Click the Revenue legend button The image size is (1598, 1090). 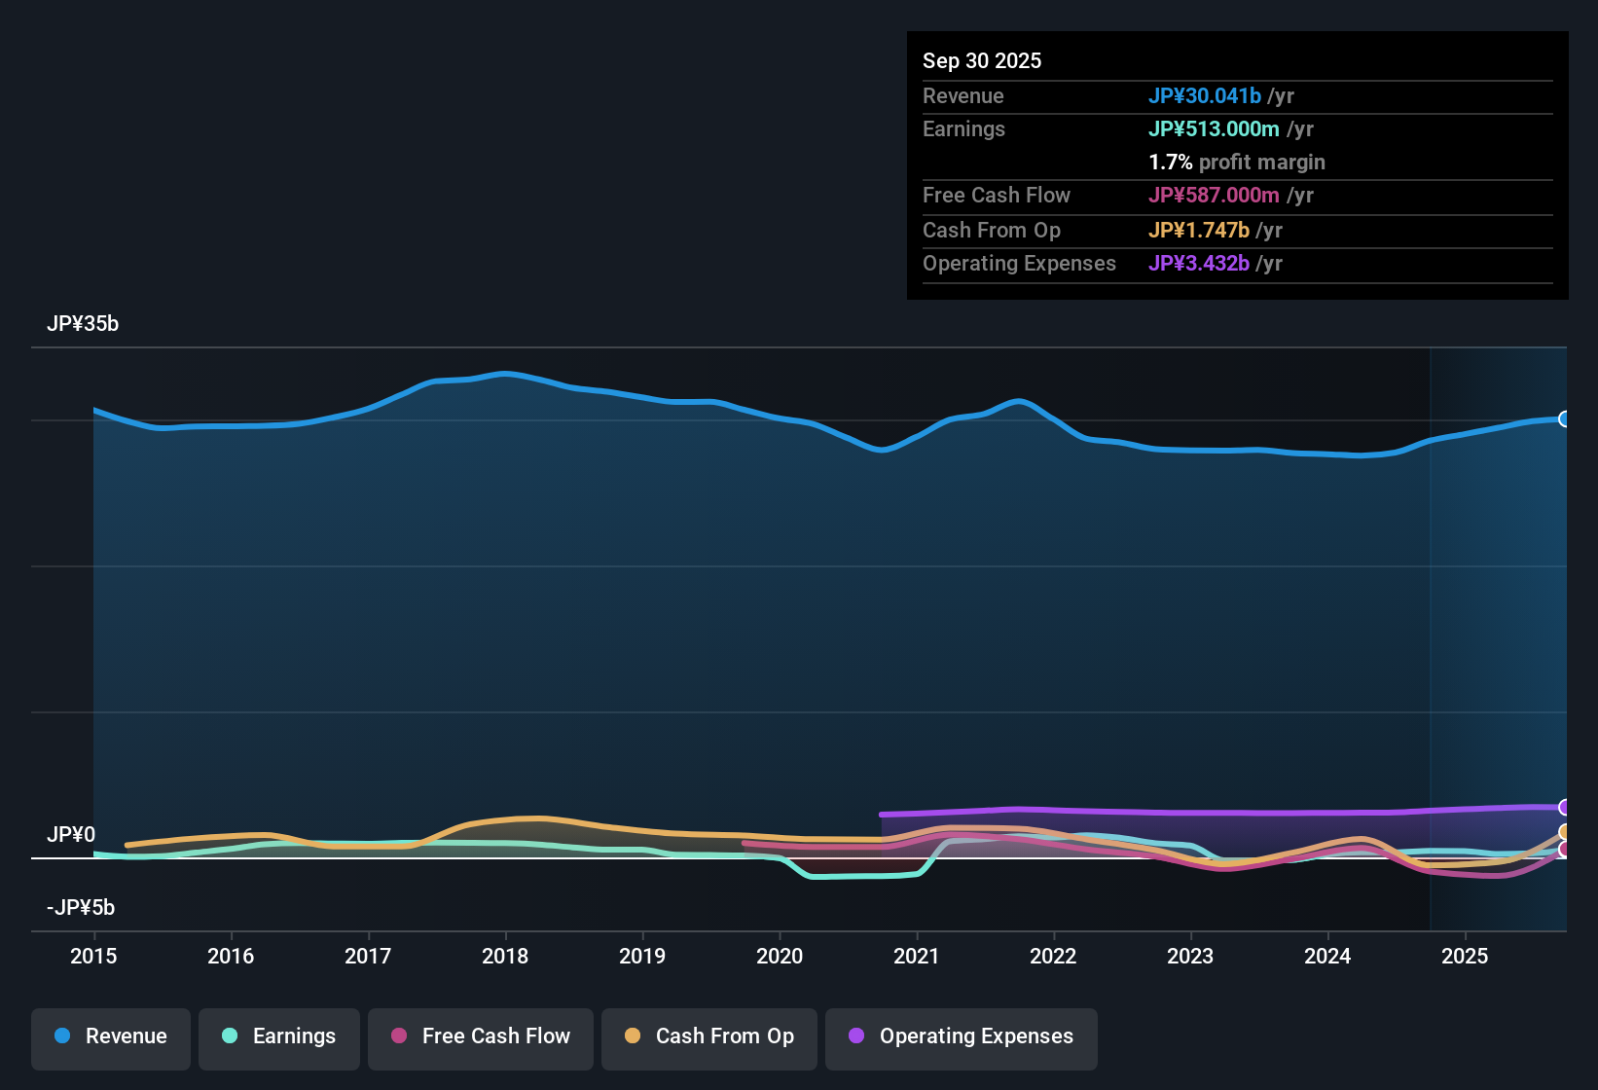pyautogui.click(x=111, y=1036)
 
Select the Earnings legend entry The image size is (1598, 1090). pyautogui.click(x=279, y=1036)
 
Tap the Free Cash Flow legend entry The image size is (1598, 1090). pyautogui.click(x=481, y=1036)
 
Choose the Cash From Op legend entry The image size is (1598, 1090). pyautogui.click(x=709, y=1036)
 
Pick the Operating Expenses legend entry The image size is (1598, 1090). pyautogui.click(x=962, y=1036)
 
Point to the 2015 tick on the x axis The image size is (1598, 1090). pyautogui.click(x=93, y=956)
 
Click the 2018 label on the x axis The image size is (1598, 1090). pyautogui.click(x=505, y=956)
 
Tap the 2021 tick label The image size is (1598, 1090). pyautogui.click(x=917, y=956)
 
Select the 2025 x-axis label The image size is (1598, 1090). pyautogui.click(x=1465, y=956)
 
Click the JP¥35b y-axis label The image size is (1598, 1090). pyautogui.click(x=83, y=324)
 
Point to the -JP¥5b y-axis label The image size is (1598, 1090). pyautogui.click(x=81, y=908)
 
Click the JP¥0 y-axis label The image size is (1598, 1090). pyautogui.click(x=71, y=835)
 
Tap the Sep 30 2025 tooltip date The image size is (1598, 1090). pyautogui.click(x=982, y=60)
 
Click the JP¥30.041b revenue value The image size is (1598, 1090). pyautogui.click(x=1205, y=95)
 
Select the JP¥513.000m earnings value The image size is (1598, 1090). pyautogui.click(x=1214, y=128)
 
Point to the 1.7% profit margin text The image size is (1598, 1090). pyautogui.click(x=1237, y=162)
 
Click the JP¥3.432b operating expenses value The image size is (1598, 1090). pyautogui.click(x=1199, y=263)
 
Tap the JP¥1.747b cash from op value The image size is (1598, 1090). pyautogui.click(x=1199, y=230)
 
